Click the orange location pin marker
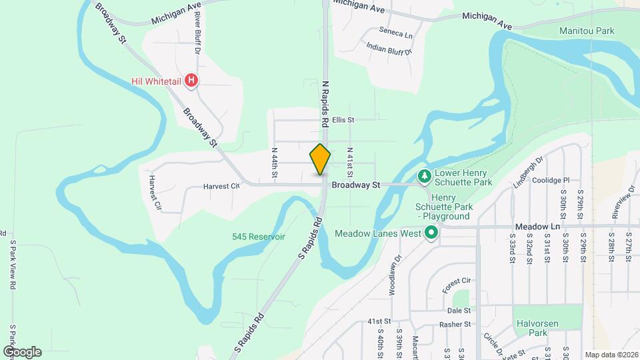click(x=321, y=160)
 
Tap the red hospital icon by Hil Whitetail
click(x=191, y=81)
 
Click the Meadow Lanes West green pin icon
click(x=431, y=233)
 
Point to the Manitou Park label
click(x=587, y=31)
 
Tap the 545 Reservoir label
click(x=259, y=237)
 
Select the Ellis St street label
click(x=343, y=120)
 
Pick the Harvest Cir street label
click(x=221, y=187)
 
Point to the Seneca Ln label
click(x=395, y=32)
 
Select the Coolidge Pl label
click(x=551, y=180)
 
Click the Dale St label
click(x=459, y=310)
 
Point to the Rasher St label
click(x=456, y=324)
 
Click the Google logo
click(x=22, y=351)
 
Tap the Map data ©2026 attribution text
click(x=611, y=355)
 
